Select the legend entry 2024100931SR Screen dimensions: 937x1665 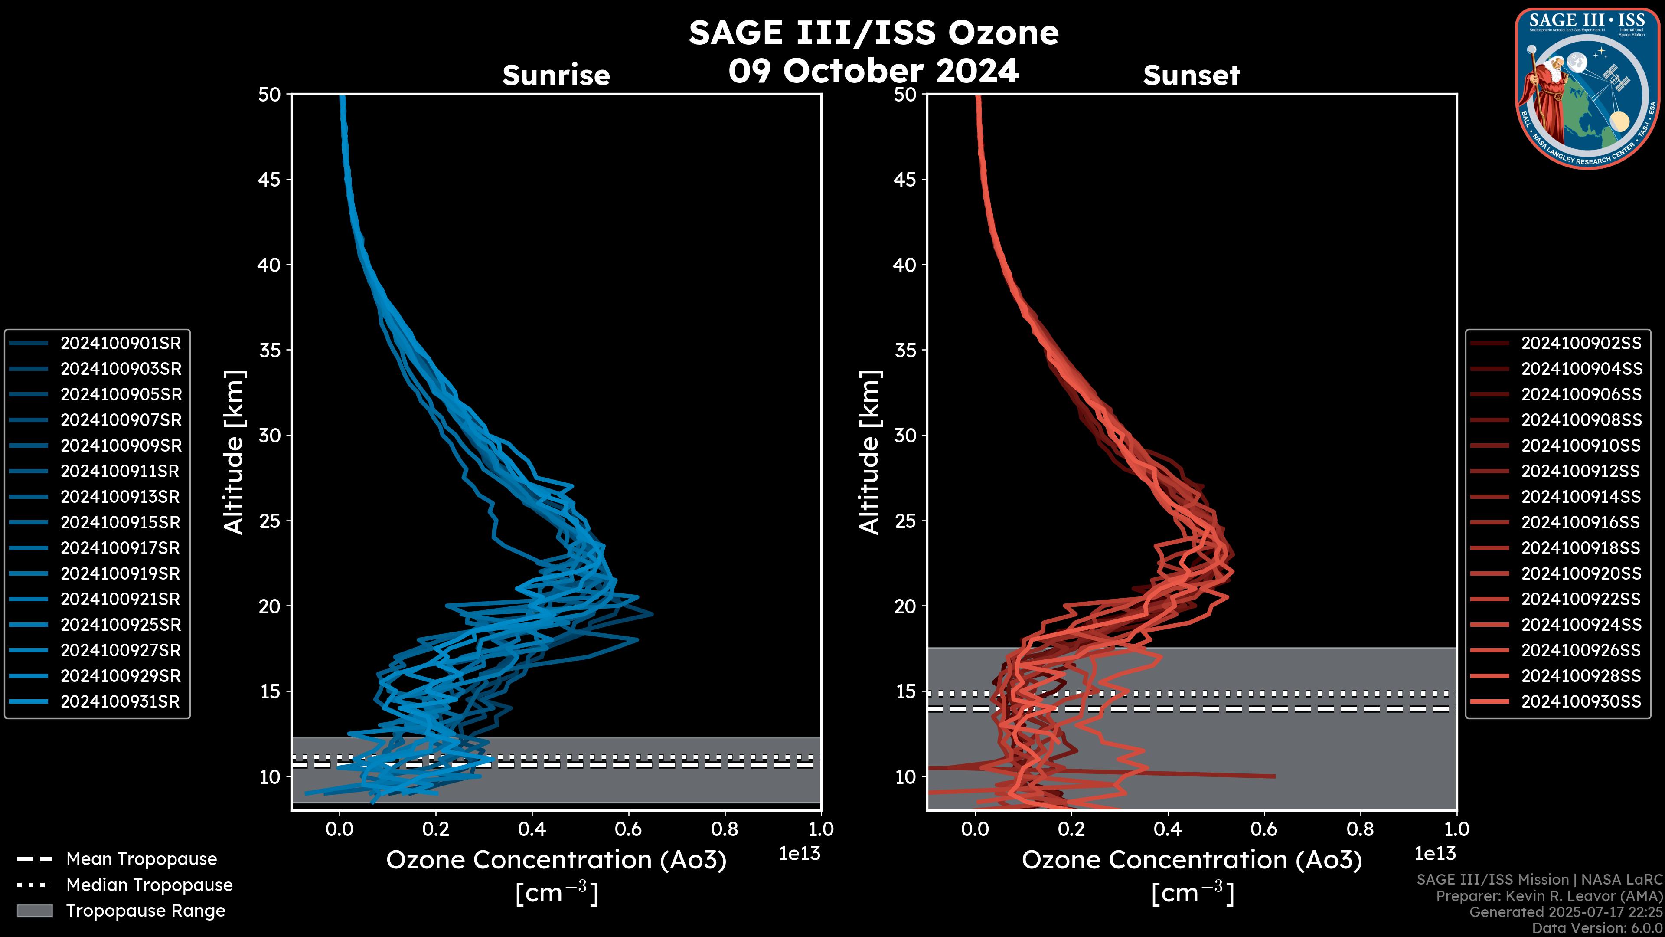120,701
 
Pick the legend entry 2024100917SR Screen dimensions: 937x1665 120,548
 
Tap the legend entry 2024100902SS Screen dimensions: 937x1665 1581,344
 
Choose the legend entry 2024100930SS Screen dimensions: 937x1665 1581,701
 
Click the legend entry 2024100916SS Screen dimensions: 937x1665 1581,522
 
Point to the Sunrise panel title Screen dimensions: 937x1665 556,75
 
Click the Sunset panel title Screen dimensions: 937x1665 1191,75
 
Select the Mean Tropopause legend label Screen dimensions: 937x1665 141,859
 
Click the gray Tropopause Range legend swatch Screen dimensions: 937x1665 34,911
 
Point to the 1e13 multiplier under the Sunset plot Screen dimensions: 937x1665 1435,854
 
